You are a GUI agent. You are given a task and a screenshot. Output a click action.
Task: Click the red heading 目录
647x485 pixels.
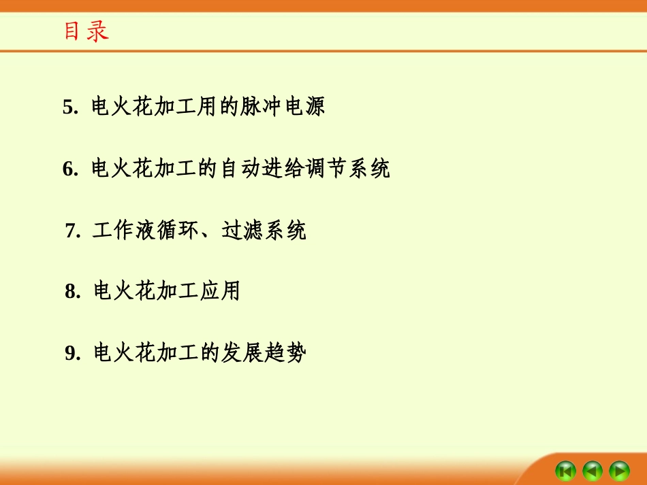(86, 32)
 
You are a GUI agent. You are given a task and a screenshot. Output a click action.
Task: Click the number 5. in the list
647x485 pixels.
(72, 107)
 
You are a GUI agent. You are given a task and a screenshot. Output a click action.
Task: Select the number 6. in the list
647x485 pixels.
(72, 169)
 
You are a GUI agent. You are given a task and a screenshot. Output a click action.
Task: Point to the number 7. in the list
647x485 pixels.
(74, 231)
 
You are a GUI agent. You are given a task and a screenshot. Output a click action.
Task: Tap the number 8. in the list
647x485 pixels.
(74, 292)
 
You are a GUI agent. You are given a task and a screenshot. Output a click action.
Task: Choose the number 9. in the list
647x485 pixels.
(74, 354)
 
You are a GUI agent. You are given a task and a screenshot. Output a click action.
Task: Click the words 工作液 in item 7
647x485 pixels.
(124, 231)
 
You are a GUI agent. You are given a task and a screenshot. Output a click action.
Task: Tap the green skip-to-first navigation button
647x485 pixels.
(566, 470)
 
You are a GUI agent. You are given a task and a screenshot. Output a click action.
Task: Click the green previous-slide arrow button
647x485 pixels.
(593, 470)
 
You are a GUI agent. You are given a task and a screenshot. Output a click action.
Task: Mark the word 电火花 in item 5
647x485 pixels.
(123, 107)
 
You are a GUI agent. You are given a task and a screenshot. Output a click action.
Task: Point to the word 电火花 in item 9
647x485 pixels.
(125, 353)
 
